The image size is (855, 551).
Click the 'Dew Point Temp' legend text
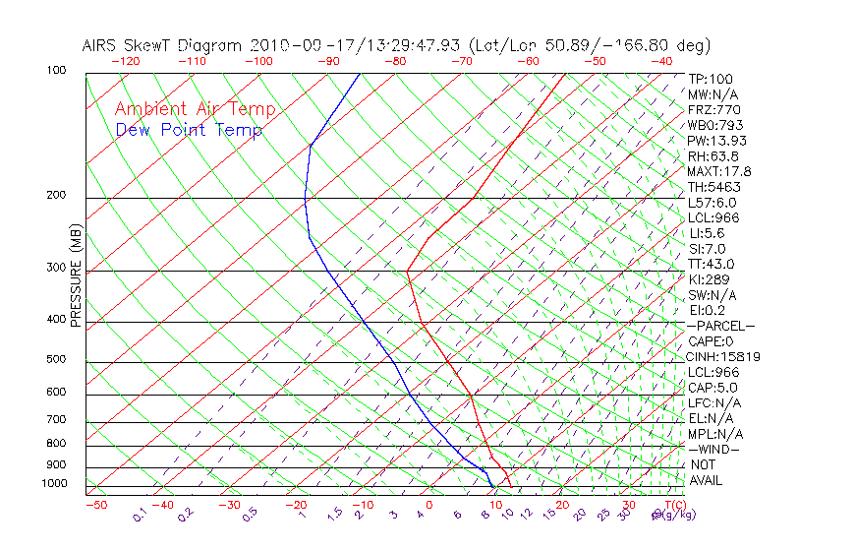tap(189, 130)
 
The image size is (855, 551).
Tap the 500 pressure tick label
tap(56, 359)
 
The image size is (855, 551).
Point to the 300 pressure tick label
tap(56, 268)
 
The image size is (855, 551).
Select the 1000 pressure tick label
tap(54, 483)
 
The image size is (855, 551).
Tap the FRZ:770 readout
tap(714, 109)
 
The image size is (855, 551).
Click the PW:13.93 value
tap(717, 141)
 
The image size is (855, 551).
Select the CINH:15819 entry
tap(724, 356)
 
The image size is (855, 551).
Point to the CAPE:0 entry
tap(712, 341)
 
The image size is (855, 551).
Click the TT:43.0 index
tap(712, 264)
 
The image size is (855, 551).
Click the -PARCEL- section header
tap(720, 326)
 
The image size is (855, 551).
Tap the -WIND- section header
tap(714, 449)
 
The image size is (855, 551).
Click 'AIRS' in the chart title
tap(101, 45)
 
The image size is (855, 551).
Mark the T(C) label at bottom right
tap(669, 505)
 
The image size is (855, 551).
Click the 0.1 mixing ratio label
tap(139, 516)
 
